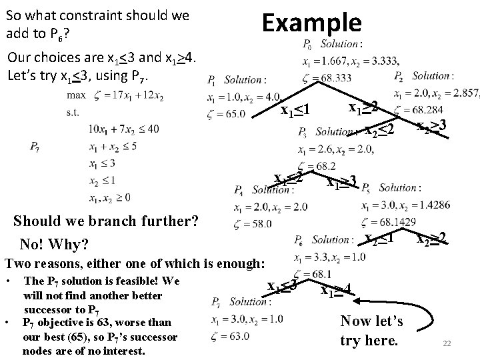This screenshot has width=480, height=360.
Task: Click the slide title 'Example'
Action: tap(311, 23)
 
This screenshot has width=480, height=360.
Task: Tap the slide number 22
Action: tap(448, 343)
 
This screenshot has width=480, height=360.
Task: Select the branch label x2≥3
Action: tap(430, 124)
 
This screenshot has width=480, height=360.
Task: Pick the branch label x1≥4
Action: tap(336, 290)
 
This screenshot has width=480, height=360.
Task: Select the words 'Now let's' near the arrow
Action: tap(371, 321)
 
